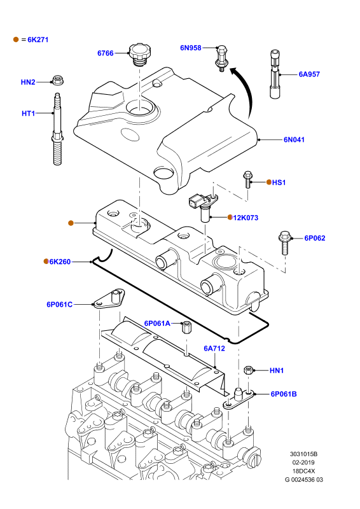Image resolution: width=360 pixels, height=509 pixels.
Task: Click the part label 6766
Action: click(106, 53)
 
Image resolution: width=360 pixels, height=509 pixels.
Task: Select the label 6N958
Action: click(191, 48)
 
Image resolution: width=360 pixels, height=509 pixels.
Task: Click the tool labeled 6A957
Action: click(275, 74)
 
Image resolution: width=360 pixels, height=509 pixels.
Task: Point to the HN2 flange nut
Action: click(58, 80)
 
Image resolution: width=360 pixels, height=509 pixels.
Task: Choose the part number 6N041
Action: click(294, 140)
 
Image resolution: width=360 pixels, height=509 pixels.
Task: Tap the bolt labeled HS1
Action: click(247, 180)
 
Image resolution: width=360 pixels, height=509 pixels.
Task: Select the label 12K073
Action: click(246, 218)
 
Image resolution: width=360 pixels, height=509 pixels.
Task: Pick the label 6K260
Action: click(60, 262)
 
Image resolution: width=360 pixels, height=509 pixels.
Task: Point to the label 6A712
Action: click(214, 349)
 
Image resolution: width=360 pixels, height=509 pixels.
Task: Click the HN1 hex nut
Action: click(248, 370)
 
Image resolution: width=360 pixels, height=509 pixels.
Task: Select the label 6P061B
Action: click(284, 394)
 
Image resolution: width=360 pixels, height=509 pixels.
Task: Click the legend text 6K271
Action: click(38, 40)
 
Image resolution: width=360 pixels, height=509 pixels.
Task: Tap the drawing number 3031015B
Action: click(304, 454)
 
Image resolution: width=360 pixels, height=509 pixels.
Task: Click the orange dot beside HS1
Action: click(269, 182)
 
